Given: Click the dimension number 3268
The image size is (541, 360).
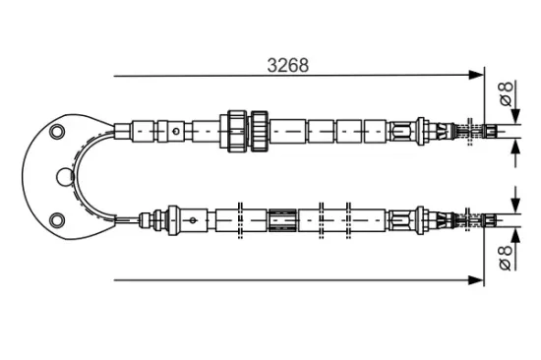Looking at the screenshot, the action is point(288,65).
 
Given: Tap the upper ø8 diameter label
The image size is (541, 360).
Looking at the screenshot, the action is point(506,93).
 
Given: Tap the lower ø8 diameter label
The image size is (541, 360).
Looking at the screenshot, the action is point(506,258).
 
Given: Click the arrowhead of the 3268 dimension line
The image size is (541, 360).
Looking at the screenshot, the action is point(476,75).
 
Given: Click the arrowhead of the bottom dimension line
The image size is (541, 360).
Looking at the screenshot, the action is point(476,280).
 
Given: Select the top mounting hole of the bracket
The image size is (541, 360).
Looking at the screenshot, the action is point(57,132).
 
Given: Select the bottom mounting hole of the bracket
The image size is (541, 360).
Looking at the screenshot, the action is point(57,220).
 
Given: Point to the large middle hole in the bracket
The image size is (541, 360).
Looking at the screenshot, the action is point(65,177).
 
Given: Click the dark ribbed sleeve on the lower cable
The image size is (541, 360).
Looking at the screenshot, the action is point(283,220).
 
